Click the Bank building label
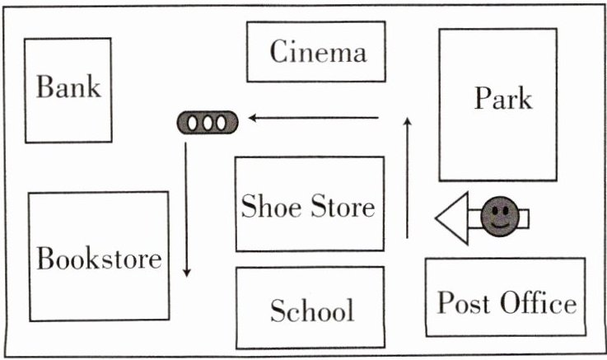[68, 86]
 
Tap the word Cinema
[318, 51]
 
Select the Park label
[503, 98]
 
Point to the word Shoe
[271, 206]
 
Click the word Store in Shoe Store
[343, 206]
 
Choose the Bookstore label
[99, 258]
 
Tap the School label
[312, 310]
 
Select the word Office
[539, 302]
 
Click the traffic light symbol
[208, 123]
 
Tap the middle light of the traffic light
[208, 123]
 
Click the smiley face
[500, 217]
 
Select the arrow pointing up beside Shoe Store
[407, 178]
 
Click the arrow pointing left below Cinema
[314, 118]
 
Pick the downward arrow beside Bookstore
[187, 209]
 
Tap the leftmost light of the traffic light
[193, 123]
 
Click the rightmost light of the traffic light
[222, 123]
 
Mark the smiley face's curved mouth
[500, 225]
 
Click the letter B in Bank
[44, 86]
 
